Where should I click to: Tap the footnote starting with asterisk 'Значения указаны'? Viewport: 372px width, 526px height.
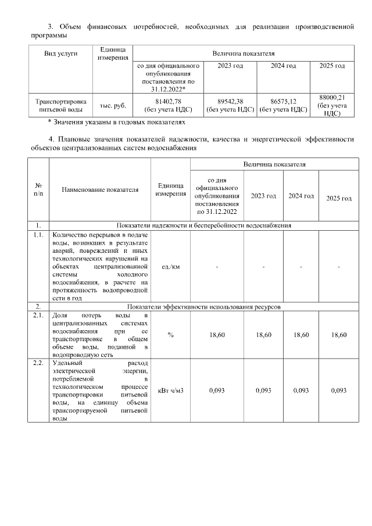click(116, 123)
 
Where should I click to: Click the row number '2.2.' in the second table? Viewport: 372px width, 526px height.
click(38, 363)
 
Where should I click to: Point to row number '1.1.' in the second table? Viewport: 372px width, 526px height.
click(38, 235)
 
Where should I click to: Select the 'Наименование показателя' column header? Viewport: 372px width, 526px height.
click(100, 189)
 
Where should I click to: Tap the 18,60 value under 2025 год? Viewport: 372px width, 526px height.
click(338, 335)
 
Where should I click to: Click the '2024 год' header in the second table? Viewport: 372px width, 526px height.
click(301, 196)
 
